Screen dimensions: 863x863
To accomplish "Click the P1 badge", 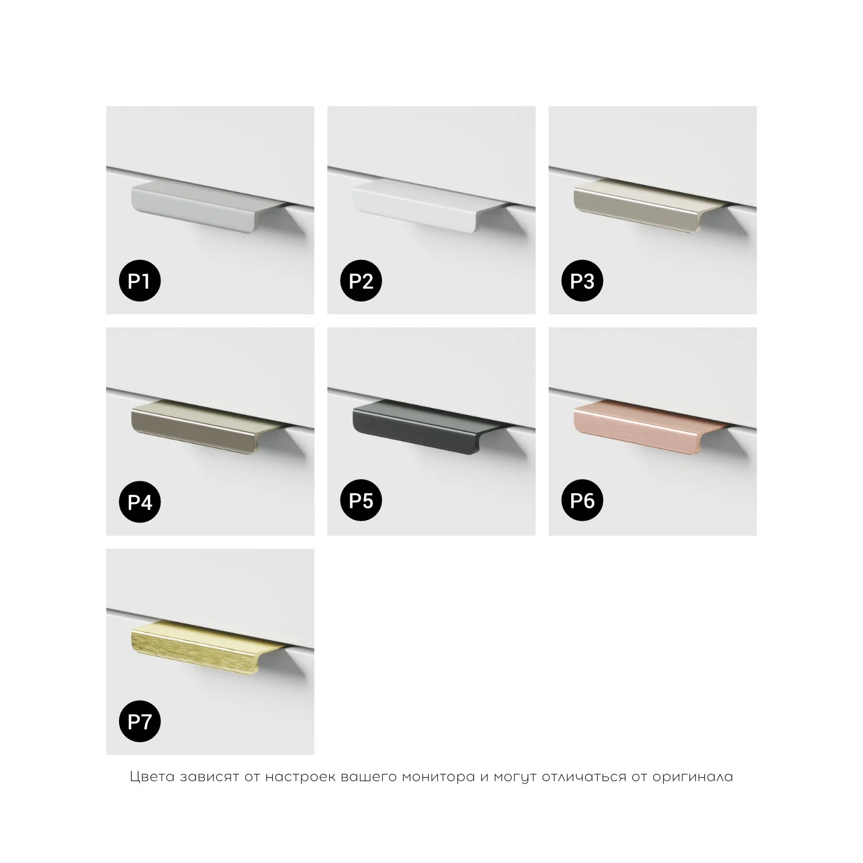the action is [x=140, y=281].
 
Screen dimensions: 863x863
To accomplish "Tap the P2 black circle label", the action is [x=361, y=281].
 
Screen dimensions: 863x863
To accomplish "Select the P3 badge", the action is [x=582, y=281].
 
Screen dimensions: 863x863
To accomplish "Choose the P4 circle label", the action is [x=140, y=502].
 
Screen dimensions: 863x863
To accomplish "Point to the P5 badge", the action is [x=361, y=501].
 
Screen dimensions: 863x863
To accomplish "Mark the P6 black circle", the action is [x=582, y=501].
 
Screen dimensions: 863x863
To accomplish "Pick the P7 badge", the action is [x=140, y=721].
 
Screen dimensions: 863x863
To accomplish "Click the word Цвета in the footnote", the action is [x=152, y=777].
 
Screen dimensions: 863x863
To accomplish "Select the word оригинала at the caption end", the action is [x=693, y=777].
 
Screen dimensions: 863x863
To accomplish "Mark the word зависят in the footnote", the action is [x=209, y=777].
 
